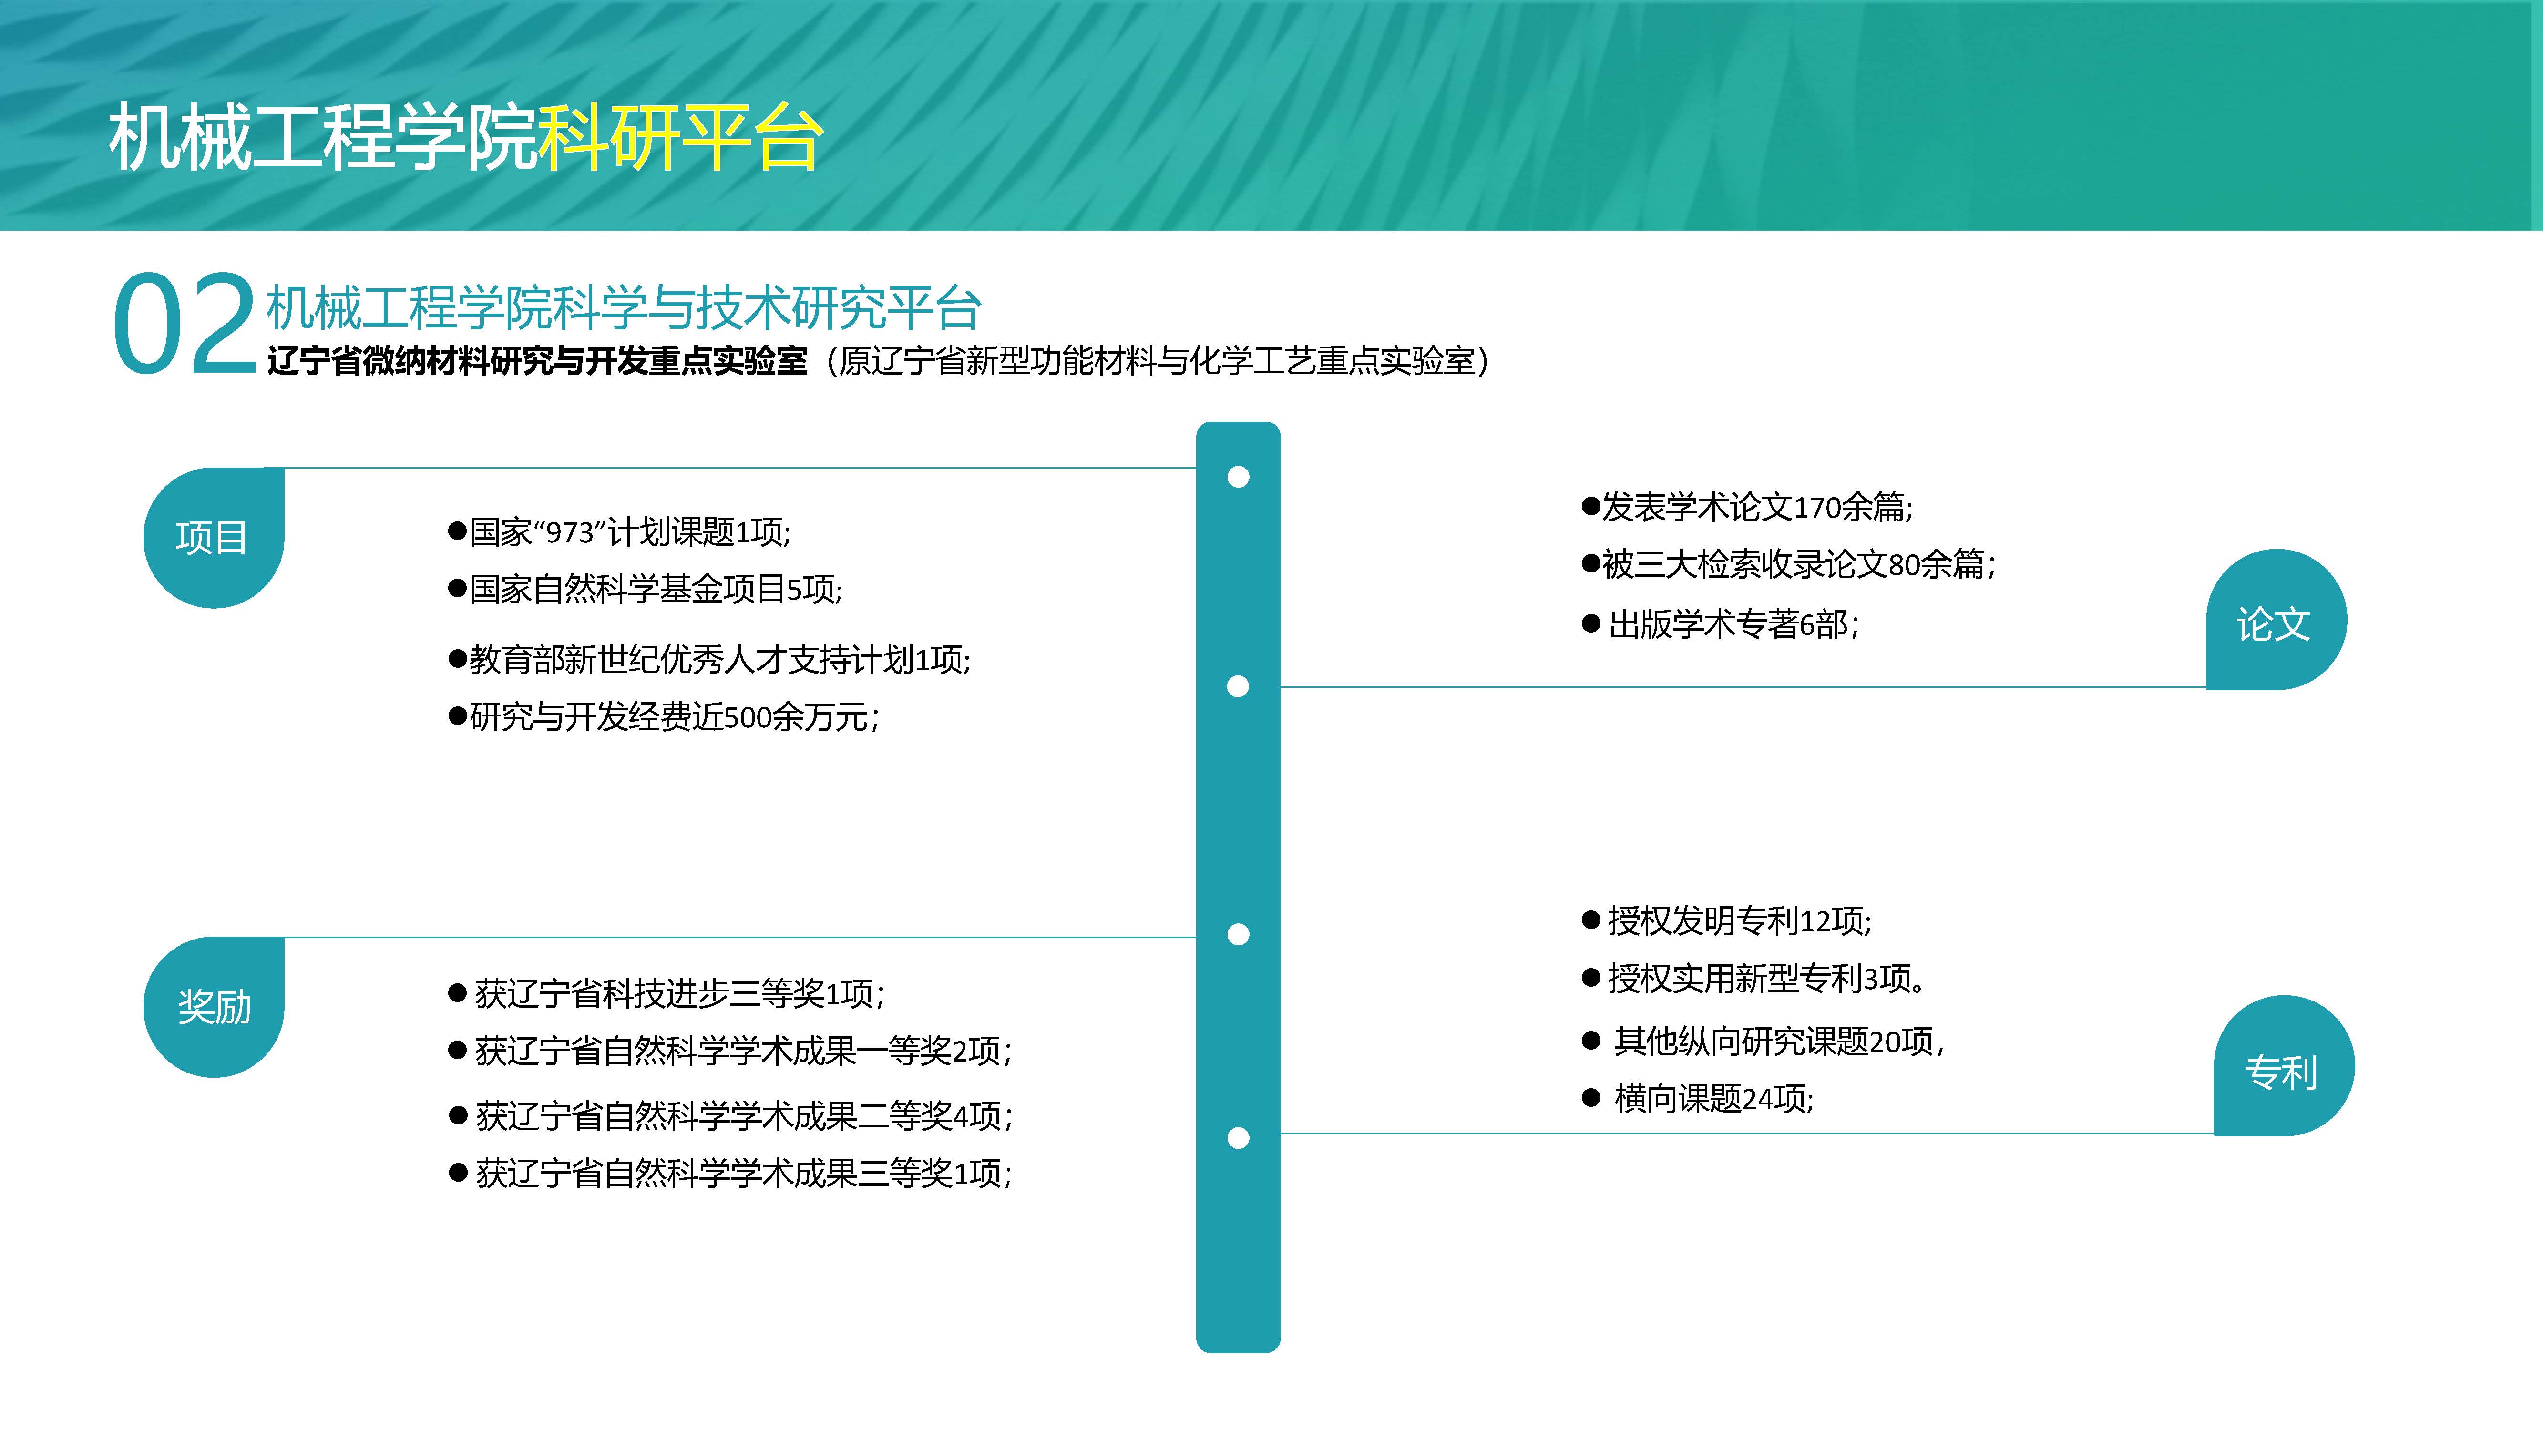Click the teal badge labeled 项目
point(213,538)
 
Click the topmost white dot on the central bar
point(1238,477)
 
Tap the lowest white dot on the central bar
point(1238,1138)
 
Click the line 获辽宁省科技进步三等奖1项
point(667,993)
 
